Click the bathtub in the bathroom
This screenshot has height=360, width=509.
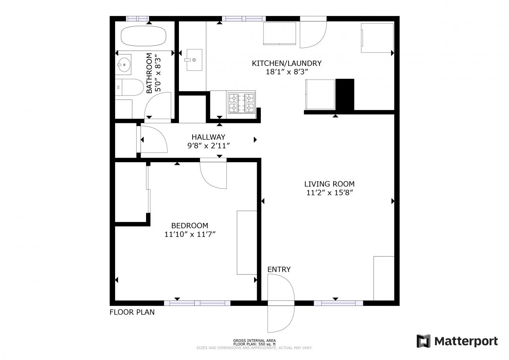tap(143, 36)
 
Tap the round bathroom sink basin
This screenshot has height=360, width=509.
tap(124, 65)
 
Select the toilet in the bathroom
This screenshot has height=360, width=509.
tap(129, 87)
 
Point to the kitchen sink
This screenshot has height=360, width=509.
tap(194, 60)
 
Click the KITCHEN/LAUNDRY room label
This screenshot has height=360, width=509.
tap(287, 63)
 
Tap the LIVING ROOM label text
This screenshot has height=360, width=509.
tap(329, 184)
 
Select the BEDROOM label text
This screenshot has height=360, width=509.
tap(190, 226)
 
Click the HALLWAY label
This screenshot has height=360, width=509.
tap(208, 137)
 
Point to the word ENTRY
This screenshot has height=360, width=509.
tap(279, 270)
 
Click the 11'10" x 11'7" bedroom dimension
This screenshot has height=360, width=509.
tap(190, 234)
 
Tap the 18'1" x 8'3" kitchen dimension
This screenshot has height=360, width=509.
tap(287, 72)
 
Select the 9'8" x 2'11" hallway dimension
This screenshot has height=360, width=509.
tap(208, 146)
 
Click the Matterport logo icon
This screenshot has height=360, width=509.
tap(423, 341)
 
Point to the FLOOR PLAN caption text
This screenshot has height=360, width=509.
tap(132, 312)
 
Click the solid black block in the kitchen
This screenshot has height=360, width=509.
tap(345, 94)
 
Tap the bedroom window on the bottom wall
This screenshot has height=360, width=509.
tap(197, 303)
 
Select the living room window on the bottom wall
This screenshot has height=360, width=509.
tap(338, 303)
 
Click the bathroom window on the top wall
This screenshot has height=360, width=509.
tap(137, 19)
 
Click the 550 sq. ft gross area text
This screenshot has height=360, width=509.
tap(254, 344)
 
